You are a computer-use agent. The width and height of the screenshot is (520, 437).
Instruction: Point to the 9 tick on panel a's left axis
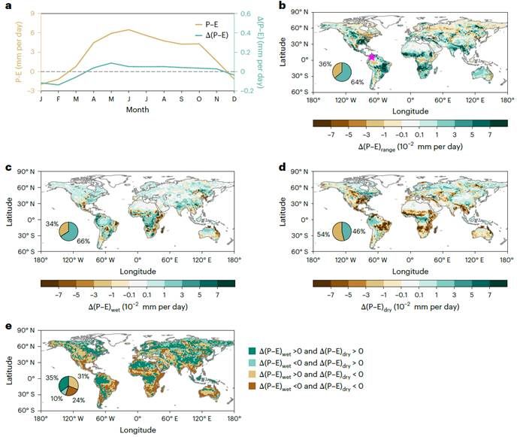pyautogui.click(x=30, y=13)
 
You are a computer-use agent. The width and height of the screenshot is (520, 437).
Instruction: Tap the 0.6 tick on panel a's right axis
pyautogui.click(x=243, y=13)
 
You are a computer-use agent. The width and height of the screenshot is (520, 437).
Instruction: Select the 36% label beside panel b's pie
pyautogui.click(x=325, y=65)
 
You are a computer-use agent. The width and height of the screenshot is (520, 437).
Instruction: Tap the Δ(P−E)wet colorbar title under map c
pyautogui.click(x=138, y=307)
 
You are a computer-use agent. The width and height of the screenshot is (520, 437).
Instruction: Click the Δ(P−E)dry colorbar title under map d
pyautogui.click(x=410, y=307)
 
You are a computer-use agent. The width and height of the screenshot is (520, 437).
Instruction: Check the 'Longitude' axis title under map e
pyautogui.click(x=137, y=429)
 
